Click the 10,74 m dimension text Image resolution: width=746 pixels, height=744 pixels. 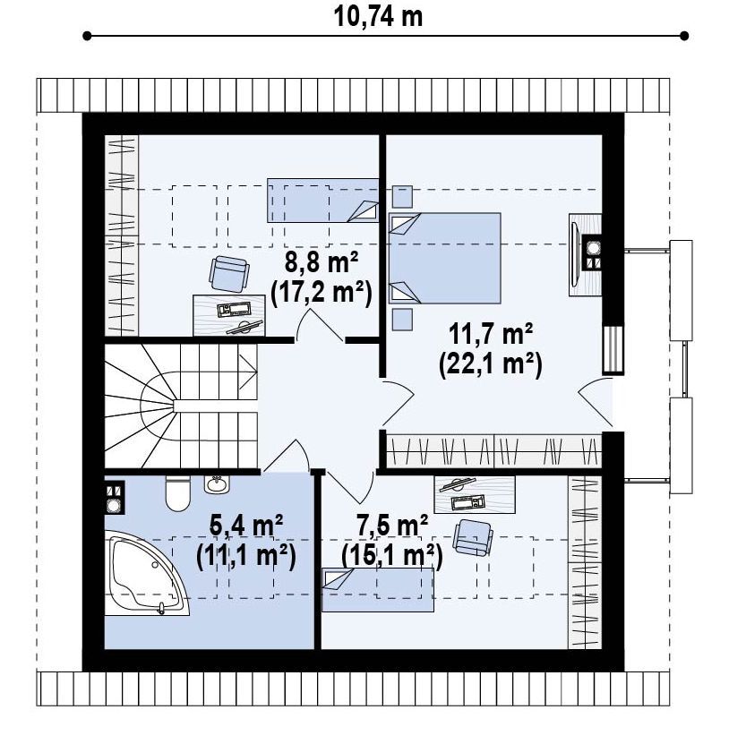click(378, 17)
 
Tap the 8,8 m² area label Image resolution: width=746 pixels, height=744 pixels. click(322, 262)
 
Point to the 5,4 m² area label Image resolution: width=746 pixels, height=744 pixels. click(246, 526)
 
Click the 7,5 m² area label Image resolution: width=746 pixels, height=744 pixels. click(392, 526)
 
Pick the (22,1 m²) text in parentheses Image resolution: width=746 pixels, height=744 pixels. click(491, 365)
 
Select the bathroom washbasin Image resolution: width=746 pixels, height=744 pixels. click(217, 484)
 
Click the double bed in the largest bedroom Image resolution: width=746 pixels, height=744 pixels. click(445, 259)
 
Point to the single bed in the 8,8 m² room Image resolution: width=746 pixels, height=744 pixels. click(323, 201)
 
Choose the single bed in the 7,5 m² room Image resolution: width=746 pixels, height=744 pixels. click(378, 589)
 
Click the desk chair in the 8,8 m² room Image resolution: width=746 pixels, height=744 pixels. click(229, 274)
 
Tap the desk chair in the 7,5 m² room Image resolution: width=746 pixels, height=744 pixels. click(473, 537)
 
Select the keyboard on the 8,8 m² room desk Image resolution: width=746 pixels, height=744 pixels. click(234, 310)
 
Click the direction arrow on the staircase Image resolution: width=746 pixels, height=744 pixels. click(248, 372)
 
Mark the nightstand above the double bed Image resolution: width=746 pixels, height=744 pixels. click(402, 196)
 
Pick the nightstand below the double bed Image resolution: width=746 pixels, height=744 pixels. click(402, 320)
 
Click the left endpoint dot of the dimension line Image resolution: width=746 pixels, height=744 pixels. click(87, 36)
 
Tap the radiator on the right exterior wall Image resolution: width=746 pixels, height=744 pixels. click(613, 349)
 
